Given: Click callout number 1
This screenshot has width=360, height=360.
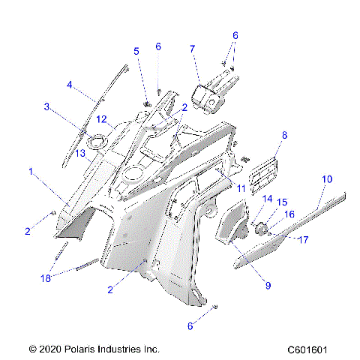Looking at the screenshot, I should coord(30,172).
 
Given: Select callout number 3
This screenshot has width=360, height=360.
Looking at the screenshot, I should coord(46,107).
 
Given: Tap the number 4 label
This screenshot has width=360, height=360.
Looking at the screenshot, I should coord(70,84).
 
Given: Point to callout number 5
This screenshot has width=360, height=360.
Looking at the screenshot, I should coord(136,51).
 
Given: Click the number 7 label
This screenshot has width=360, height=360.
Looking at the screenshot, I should coord(193,49).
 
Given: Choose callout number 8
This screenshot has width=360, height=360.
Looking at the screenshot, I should coord(284,136).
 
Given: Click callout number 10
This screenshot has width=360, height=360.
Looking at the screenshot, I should coord(326,179).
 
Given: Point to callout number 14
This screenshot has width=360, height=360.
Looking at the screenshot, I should coord(266,199).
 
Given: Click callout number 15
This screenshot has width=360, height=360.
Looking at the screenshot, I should coord(282,202).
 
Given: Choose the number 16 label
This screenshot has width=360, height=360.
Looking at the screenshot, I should coord(289,214).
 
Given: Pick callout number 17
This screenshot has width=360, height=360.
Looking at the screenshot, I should coord(303,240).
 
